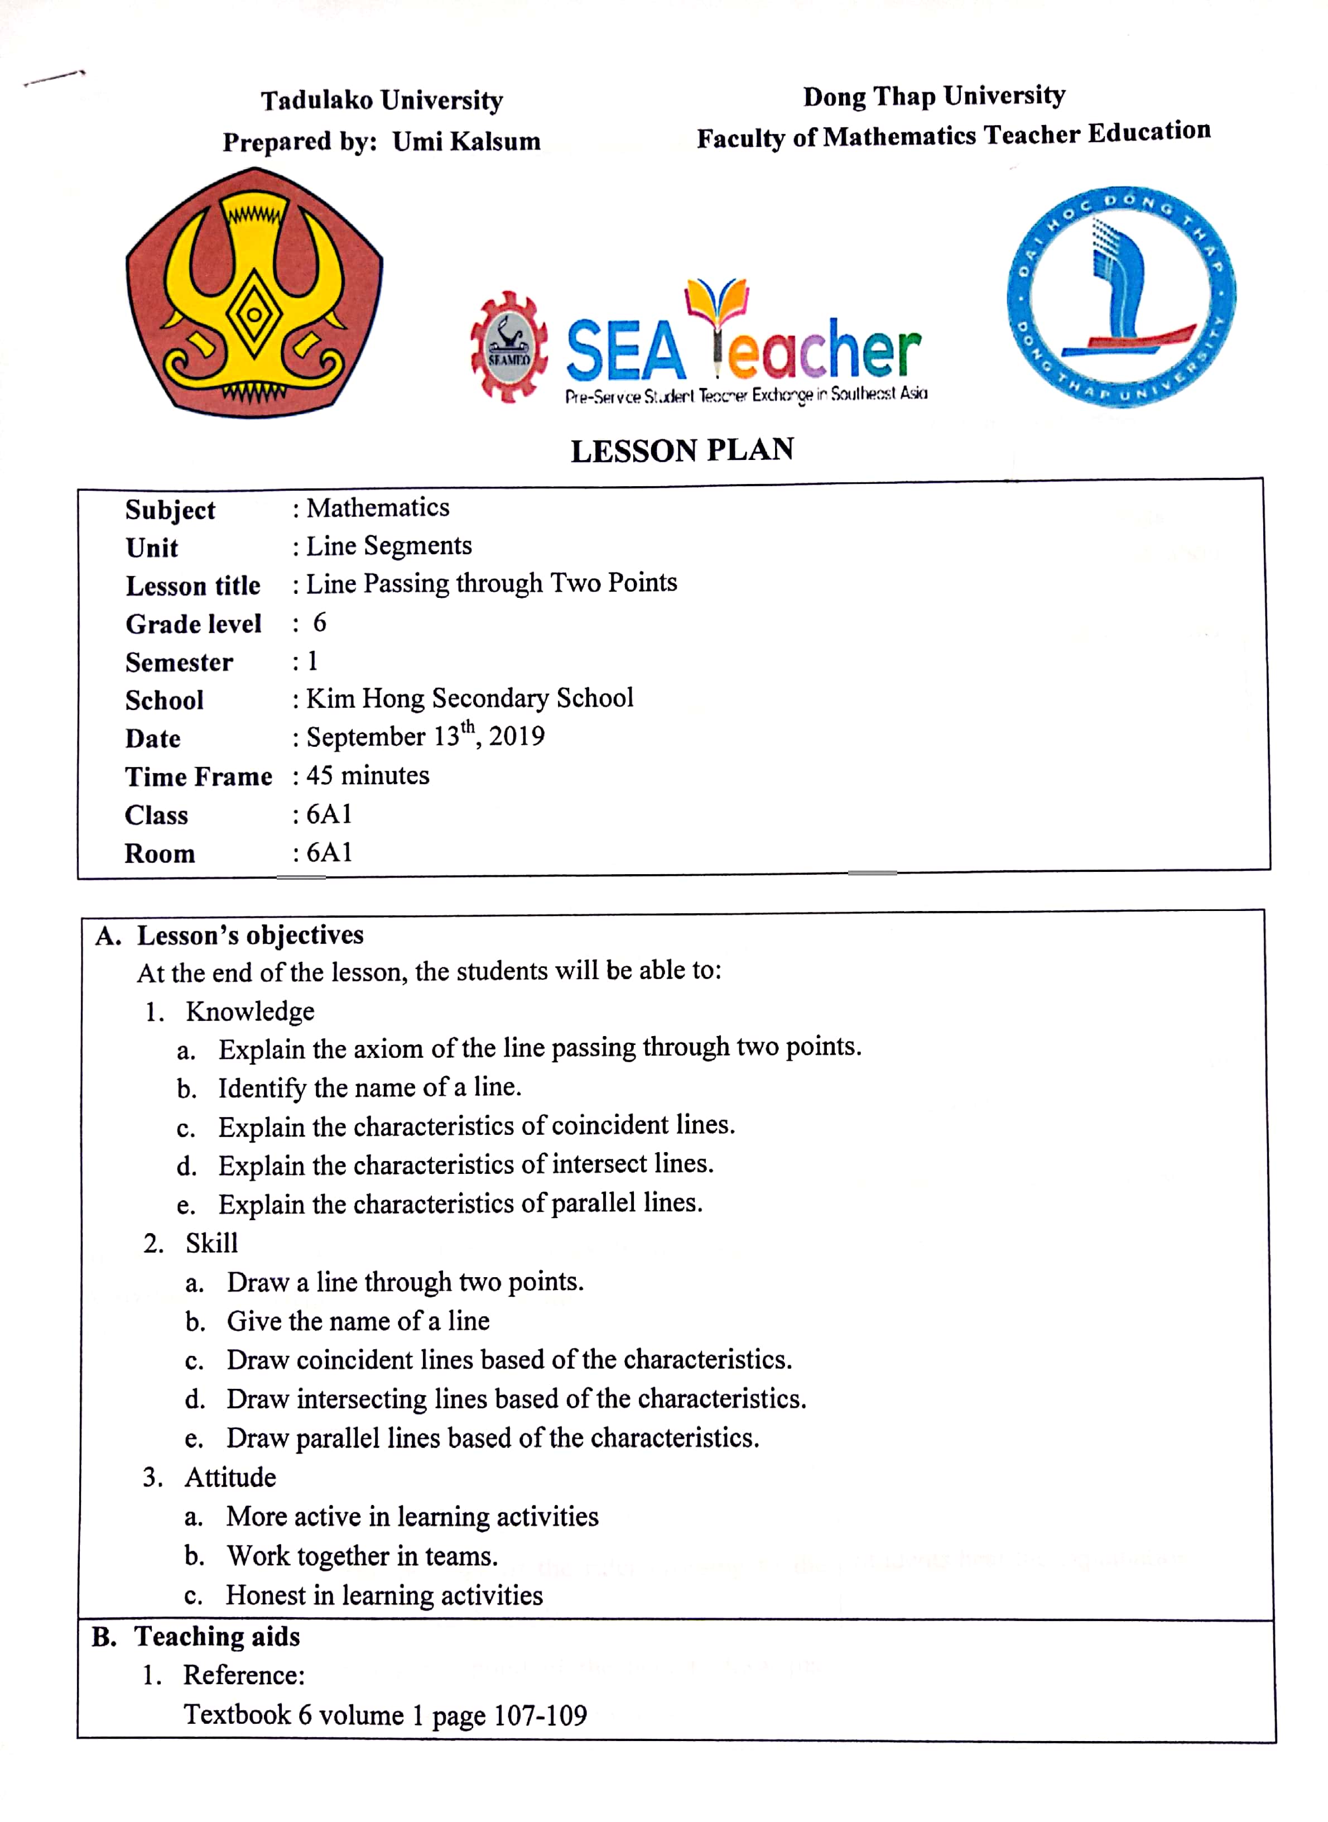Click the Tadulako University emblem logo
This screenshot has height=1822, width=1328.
click(x=253, y=294)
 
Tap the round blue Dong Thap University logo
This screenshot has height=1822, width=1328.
click(x=1122, y=298)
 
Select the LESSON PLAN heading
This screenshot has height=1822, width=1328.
click(x=682, y=450)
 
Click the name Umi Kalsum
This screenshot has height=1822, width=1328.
click(x=466, y=142)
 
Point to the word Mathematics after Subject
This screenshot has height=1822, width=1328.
click(x=378, y=508)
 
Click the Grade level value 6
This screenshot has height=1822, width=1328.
click(x=319, y=622)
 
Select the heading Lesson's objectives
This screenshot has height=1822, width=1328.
click(x=250, y=935)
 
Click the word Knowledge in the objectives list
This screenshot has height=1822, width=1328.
click(x=250, y=1011)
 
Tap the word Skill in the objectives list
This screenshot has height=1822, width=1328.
click(x=211, y=1243)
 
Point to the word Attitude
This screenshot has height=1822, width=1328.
click(x=230, y=1477)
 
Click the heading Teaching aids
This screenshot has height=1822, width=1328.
click(x=217, y=1636)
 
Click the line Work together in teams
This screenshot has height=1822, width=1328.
click(x=362, y=1556)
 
